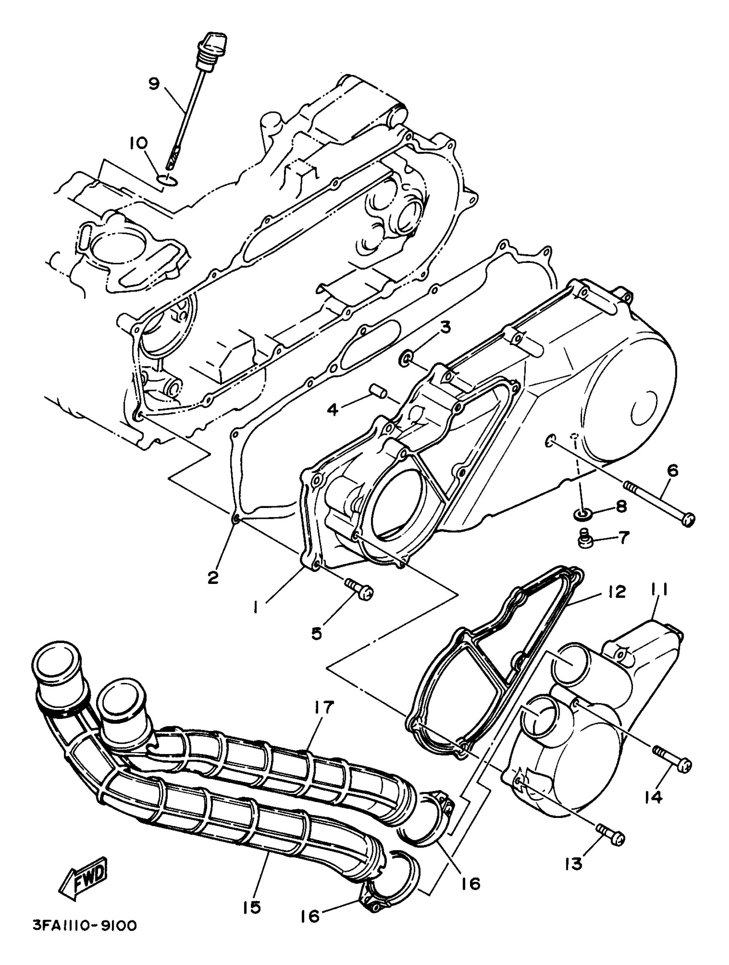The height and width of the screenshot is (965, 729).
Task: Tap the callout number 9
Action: (154, 83)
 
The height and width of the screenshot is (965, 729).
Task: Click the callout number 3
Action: (445, 327)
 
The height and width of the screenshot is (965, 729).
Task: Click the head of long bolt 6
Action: (687, 520)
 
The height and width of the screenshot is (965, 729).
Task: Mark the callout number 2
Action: (213, 577)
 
